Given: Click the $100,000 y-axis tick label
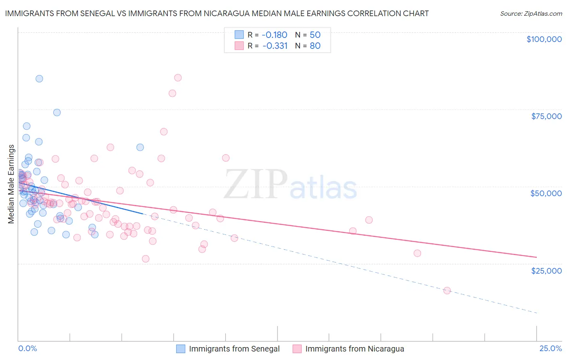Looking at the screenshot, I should [544, 39].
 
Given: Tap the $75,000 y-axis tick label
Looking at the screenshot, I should [546, 116].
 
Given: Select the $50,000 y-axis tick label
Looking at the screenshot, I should [546, 193].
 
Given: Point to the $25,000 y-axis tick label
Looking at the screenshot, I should [546, 270].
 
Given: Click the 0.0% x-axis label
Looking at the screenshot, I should [27, 348].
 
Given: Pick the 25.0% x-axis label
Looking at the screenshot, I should [550, 348].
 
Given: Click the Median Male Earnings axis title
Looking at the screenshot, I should [11, 184].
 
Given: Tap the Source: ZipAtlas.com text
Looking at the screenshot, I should [531, 13].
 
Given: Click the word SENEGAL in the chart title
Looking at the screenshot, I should [98, 13].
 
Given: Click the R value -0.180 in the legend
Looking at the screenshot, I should [275, 35].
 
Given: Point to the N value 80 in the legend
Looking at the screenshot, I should [315, 46].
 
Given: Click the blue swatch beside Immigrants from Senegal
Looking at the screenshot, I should [181, 349].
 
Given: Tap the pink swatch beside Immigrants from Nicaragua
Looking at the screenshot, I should [297, 349].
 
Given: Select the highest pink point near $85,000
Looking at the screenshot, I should [178, 77].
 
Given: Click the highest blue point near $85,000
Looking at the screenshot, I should [39, 79].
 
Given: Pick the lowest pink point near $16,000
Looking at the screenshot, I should [447, 291].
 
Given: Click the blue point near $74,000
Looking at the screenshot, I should [57, 113].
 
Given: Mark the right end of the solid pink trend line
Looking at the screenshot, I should [536, 257].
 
